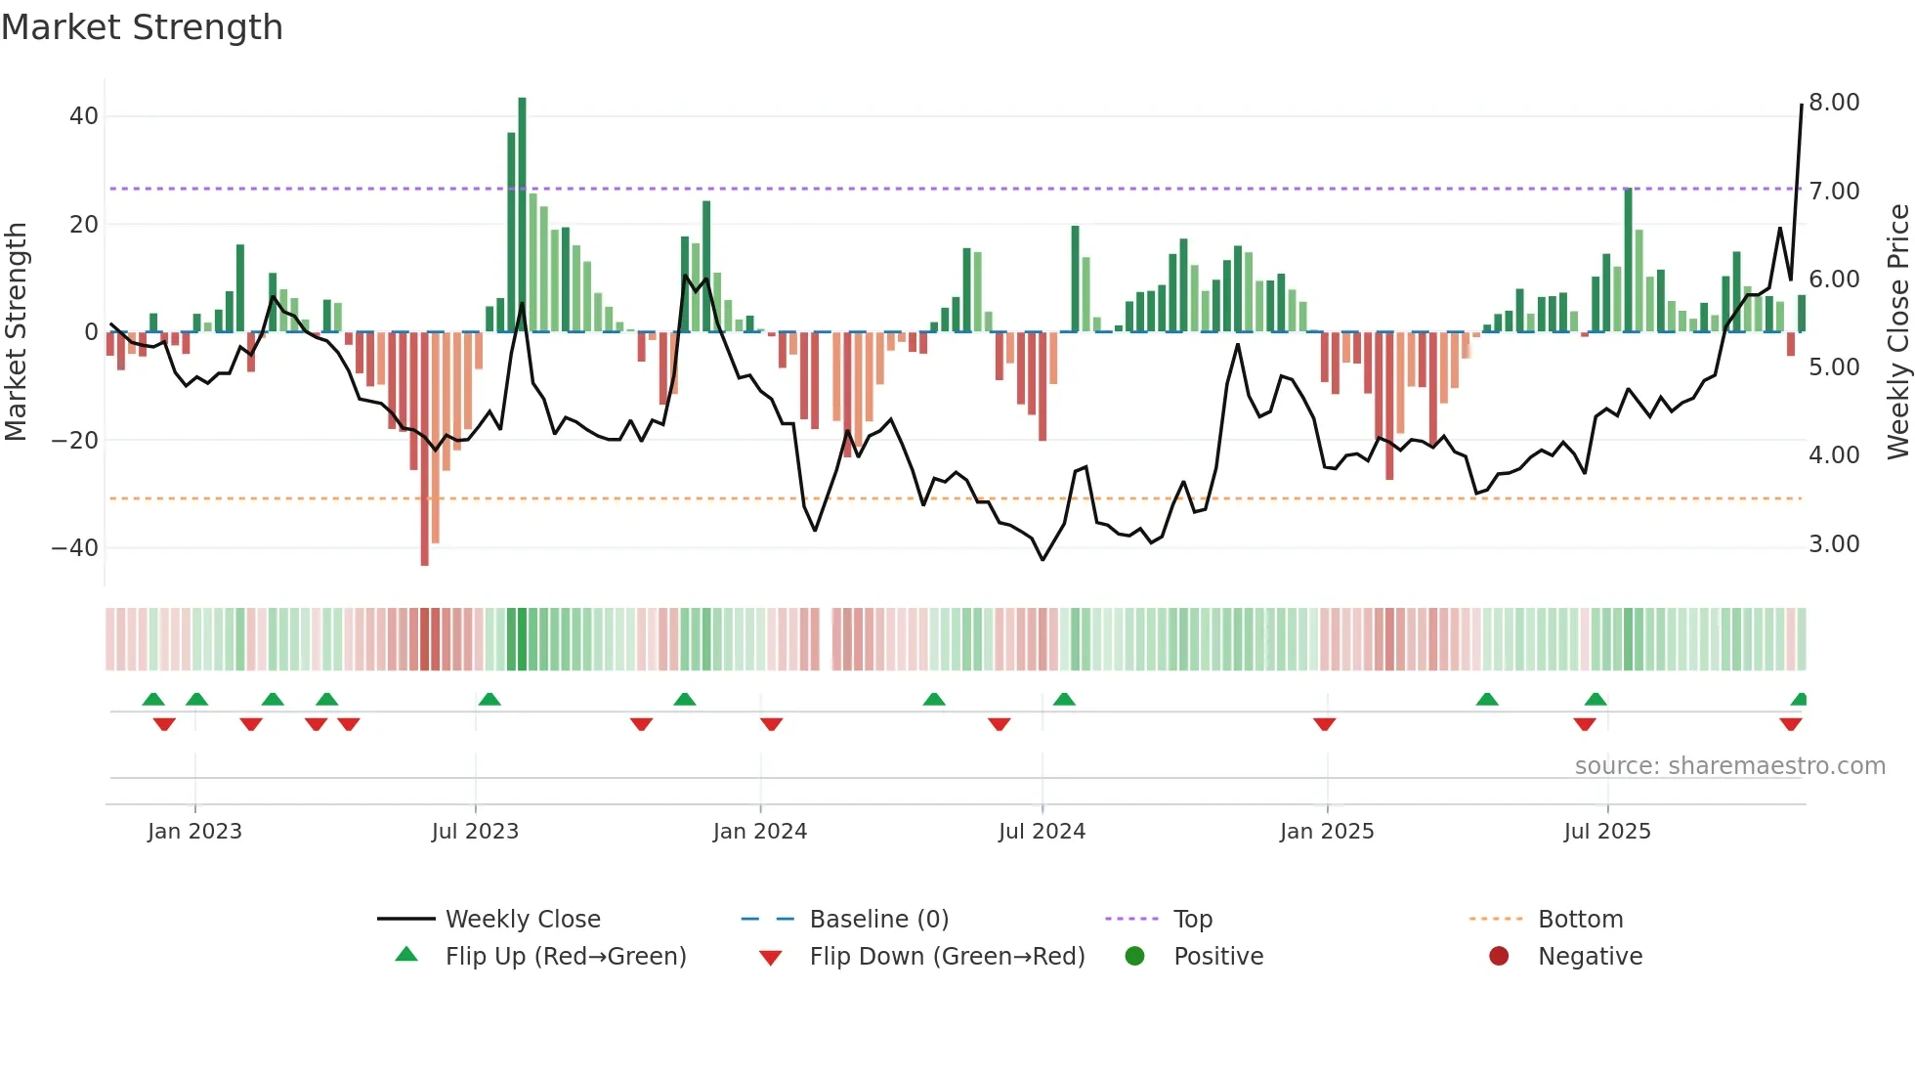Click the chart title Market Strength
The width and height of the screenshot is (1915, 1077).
[142, 27]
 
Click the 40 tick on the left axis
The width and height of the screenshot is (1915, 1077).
[84, 116]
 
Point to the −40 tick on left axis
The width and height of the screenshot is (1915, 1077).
[75, 547]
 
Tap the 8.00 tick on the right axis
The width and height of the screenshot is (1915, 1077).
[1834, 103]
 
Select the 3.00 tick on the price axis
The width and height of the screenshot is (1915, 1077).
[1834, 544]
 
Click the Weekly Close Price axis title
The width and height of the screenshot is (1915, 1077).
[1897, 332]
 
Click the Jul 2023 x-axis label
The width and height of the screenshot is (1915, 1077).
[475, 832]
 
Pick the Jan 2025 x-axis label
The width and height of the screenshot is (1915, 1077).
[1327, 832]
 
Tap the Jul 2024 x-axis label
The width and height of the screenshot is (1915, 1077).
[1042, 832]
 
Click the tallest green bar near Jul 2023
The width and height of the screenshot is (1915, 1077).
[522, 215]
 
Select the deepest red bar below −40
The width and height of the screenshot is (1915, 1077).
[425, 450]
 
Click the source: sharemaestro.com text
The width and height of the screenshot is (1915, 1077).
[1729, 766]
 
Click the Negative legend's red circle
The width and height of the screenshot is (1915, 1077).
[1499, 956]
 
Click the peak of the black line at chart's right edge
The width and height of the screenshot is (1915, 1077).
[1802, 105]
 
